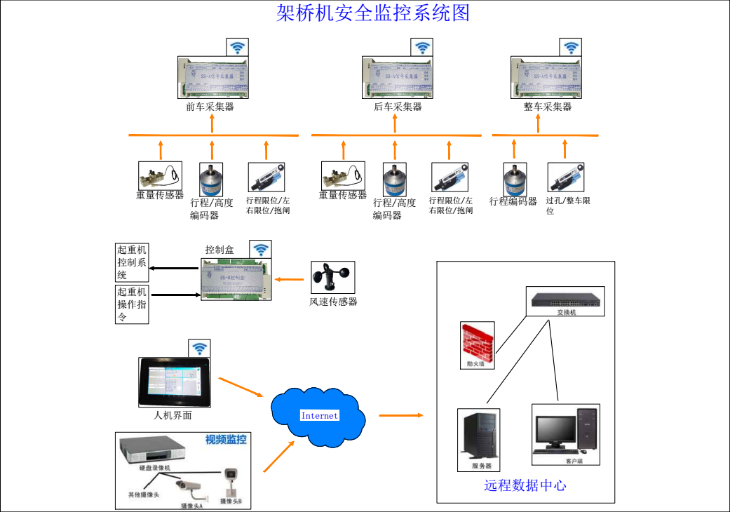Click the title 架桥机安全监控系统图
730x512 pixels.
[x=373, y=13]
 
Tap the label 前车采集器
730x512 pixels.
[x=210, y=107]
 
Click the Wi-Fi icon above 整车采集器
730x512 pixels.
[x=572, y=48]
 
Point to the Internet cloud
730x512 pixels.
[x=319, y=415]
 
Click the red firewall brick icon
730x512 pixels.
[x=478, y=340]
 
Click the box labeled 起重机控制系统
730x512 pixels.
[x=133, y=262]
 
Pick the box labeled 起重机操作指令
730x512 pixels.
[x=133, y=304]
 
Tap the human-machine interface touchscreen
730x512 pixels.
[x=173, y=382]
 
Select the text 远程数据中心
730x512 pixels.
[x=525, y=485]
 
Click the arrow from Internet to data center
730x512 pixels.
[x=401, y=416]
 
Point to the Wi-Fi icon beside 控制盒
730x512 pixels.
[x=261, y=249]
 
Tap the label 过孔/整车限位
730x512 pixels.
[x=568, y=205]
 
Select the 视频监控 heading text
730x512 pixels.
[x=226, y=440]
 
